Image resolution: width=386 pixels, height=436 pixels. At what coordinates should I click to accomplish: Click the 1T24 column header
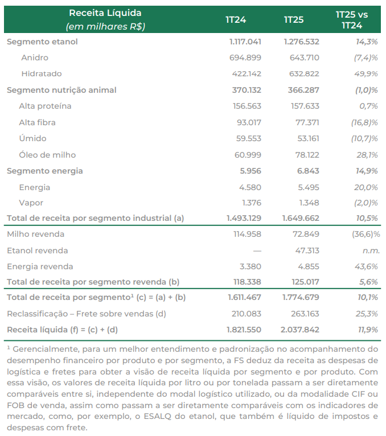(236, 20)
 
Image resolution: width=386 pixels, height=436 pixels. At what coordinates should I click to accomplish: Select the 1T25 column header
(294, 20)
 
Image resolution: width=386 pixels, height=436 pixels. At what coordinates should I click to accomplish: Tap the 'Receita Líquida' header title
(105, 13)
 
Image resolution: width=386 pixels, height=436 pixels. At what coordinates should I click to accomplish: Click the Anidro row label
(35, 57)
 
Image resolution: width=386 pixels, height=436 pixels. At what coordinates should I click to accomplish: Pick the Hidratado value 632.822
(304, 73)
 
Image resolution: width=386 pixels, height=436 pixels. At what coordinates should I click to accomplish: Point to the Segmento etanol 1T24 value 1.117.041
(245, 42)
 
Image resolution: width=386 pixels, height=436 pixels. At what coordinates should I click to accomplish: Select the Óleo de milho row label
(47, 155)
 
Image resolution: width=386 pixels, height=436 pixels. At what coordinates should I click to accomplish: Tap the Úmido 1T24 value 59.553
(249, 138)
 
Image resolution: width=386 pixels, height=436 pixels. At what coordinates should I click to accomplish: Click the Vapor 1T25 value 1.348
(309, 203)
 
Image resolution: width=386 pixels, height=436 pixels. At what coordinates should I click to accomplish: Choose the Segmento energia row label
(45, 171)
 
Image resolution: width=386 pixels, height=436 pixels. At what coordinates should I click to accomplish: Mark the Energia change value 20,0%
(366, 187)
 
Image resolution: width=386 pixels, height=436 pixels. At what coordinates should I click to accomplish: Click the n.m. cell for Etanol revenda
(371, 251)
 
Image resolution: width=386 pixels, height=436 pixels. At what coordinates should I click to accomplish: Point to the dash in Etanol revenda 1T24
(257, 251)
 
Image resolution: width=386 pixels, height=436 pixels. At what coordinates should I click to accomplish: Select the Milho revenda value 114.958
(247, 234)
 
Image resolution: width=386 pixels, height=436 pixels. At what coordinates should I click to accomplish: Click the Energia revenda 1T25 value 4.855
(309, 266)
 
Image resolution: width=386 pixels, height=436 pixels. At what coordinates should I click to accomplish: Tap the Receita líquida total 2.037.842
(300, 330)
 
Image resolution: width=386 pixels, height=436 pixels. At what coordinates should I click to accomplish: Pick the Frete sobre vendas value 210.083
(247, 314)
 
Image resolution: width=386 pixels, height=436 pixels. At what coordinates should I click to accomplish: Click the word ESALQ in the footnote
(157, 416)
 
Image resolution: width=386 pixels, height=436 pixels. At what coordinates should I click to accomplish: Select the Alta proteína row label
(45, 106)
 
